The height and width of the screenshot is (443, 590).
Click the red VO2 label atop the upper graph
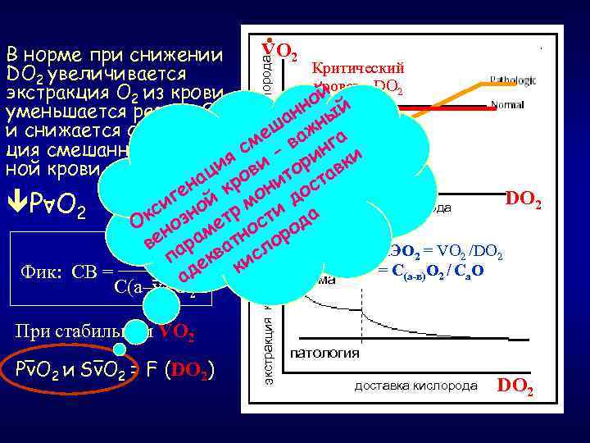coord(279,51)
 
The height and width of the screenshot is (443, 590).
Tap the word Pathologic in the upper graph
coord(513,80)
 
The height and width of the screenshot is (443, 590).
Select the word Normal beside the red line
coord(507,104)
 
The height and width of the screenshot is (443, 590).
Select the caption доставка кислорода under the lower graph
coord(415,385)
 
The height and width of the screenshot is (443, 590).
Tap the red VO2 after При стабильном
coord(176,332)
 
